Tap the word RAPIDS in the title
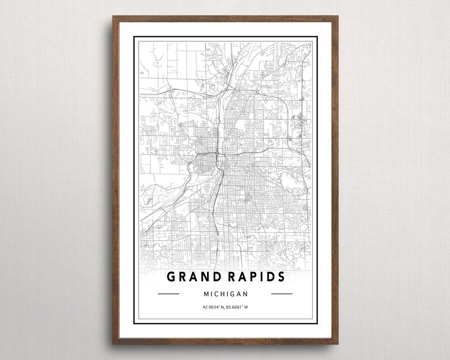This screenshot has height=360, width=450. coord(256,277)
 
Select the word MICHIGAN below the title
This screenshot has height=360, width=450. coord(225,294)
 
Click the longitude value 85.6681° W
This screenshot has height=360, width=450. coord(237,308)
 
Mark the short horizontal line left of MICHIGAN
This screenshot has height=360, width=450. coord(168,294)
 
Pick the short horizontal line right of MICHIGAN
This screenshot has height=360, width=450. coord(282,294)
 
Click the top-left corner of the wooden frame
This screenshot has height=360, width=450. coord(113,16)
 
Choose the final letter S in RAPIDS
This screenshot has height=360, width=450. coord(281,277)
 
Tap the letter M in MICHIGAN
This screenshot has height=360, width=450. coord(205,294)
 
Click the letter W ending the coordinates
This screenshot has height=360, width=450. coord(247,308)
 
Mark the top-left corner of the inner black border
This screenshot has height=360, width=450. coord(134,37)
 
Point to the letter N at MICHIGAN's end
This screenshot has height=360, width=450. coord(246,294)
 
